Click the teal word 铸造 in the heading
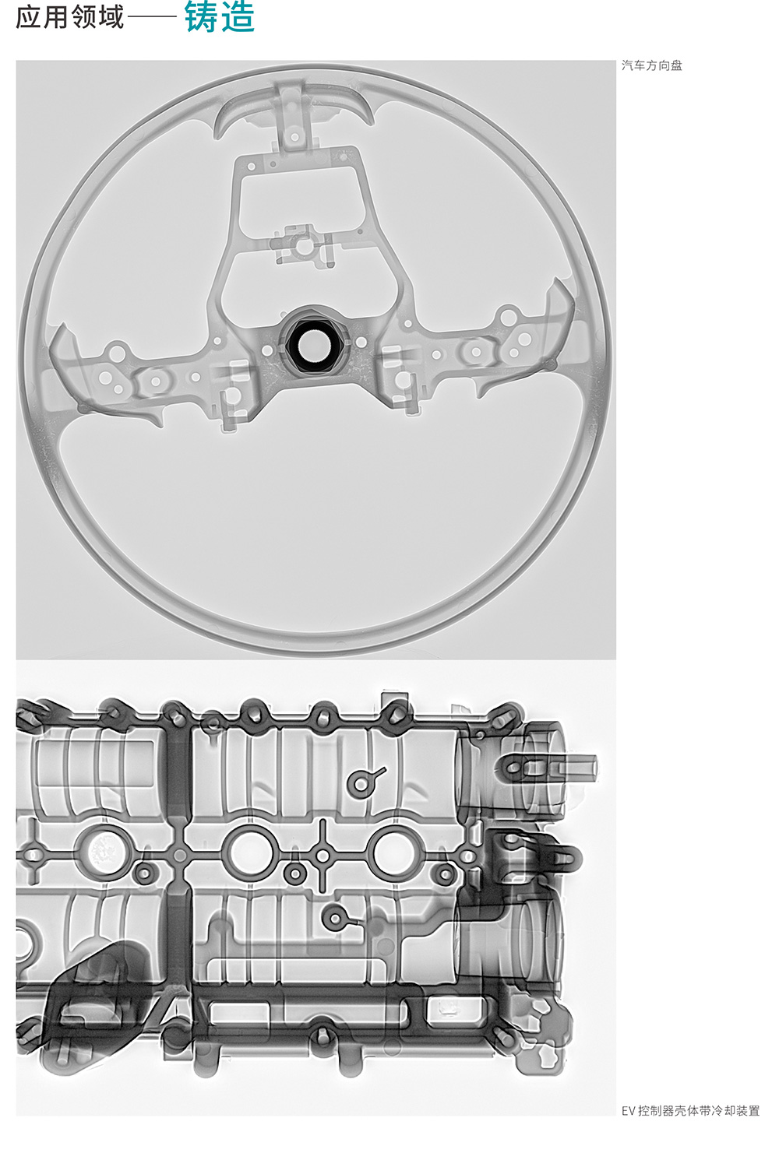pos(220,17)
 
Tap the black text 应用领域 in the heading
pos(70,18)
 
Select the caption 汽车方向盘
pos(652,65)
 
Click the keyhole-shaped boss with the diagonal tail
pos(365,782)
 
